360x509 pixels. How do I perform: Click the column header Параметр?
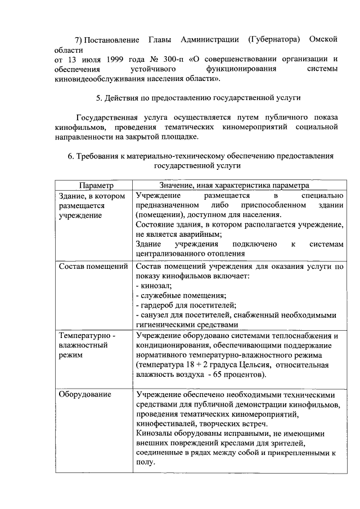click(96, 185)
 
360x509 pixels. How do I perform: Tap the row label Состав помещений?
click(93, 265)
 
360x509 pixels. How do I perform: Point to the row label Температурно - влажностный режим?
click(87, 345)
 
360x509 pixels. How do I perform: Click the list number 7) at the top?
click(81, 39)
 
